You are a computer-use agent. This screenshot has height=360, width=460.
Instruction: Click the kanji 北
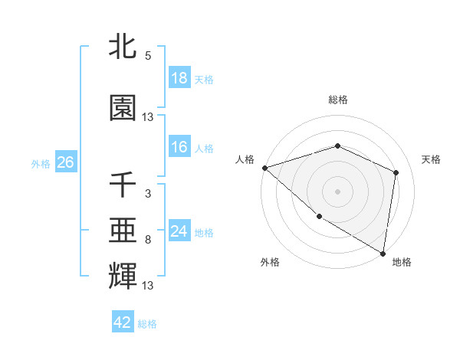pyautogui.click(x=123, y=46)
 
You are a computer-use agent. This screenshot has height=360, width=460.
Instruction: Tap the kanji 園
pyautogui.click(x=123, y=108)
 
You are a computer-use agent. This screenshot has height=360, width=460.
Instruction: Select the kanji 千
pyautogui.click(x=123, y=185)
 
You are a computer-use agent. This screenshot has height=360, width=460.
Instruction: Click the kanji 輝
pyautogui.click(x=123, y=274)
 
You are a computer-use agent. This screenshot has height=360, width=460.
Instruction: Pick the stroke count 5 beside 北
pyautogui.click(x=147, y=55)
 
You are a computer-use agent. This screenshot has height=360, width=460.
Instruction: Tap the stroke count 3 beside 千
pyautogui.click(x=147, y=193)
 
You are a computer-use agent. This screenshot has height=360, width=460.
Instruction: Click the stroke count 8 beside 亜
pyautogui.click(x=147, y=240)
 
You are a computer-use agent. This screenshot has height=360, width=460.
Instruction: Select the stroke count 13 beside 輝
pyautogui.click(x=148, y=286)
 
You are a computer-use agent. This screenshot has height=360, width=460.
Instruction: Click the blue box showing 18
pyautogui.click(x=179, y=78)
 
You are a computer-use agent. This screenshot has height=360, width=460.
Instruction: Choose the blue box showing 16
pyautogui.click(x=179, y=148)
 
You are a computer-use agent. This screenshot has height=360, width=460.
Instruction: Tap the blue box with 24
pyautogui.click(x=179, y=231)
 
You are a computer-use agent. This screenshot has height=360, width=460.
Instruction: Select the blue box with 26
pyautogui.click(x=65, y=162)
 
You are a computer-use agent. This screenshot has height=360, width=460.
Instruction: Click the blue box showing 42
pyautogui.click(x=123, y=322)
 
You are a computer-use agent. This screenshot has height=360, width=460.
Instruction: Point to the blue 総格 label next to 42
pyautogui.click(x=147, y=324)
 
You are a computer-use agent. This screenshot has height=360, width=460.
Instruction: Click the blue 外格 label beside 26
pyautogui.click(x=41, y=164)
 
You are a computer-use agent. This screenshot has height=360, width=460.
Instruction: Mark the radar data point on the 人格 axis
pyautogui.click(x=264, y=168)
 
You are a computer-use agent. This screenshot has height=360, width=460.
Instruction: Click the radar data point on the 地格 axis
pyautogui.click(x=383, y=252)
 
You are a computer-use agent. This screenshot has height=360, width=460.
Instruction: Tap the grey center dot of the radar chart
pyautogui.click(x=337, y=191)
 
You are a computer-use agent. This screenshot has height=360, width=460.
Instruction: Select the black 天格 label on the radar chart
pyautogui.click(x=431, y=159)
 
